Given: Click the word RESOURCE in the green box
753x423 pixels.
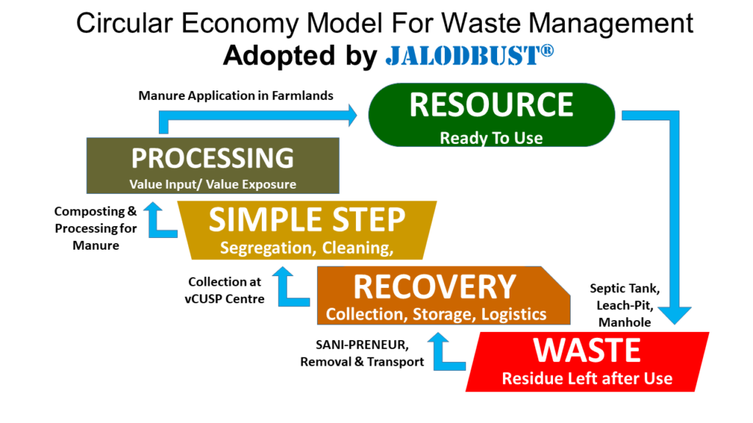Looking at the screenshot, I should point(490,106).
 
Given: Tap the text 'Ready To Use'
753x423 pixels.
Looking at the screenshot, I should point(490,137).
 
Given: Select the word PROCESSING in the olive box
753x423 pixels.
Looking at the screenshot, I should point(212,158).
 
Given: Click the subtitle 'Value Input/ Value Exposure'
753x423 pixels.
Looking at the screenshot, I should point(213,184).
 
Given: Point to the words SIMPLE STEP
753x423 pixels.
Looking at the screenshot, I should point(306,220).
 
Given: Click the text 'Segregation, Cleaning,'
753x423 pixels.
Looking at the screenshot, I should point(306,248).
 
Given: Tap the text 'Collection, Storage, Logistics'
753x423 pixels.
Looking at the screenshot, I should point(436,314).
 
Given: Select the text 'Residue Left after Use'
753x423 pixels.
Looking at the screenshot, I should point(587,379).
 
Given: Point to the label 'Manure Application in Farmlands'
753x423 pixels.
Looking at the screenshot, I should point(236,95).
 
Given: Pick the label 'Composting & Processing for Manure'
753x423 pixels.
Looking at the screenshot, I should point(96,228).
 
